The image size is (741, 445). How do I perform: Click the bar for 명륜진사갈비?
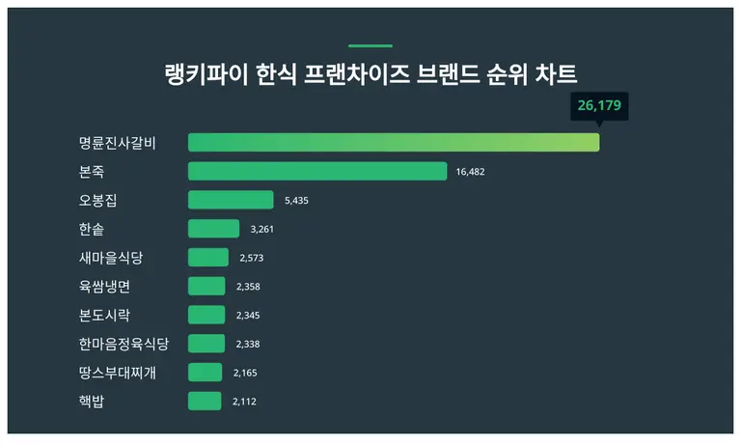(x=394, y=143)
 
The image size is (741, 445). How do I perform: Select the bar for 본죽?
(x=317, y=172)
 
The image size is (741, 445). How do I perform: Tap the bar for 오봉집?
(x=231, y=200)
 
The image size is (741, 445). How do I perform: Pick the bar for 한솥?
(x=213, y=229)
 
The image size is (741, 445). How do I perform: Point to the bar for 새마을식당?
(x=208, y=258)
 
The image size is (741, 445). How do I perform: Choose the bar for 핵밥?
(x=205, y=401)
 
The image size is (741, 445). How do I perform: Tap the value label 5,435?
(x=297, y=201)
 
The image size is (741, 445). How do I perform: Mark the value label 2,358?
(x=248, y=287)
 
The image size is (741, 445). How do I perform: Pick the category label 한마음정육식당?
(x=123, y=344)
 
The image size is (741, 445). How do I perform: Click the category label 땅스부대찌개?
(x=118, y=373)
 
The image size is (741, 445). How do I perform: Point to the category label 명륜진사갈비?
(x=118, y=143)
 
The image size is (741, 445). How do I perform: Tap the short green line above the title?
(x=370, y=45)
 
